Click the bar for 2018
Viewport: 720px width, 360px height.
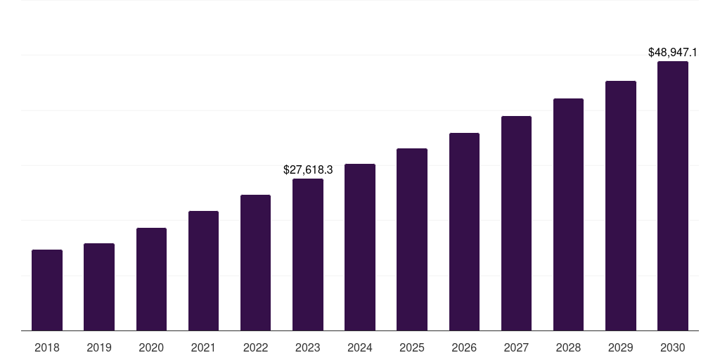click(x=47, y=290)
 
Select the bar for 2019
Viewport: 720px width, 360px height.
click(x=99, y=287)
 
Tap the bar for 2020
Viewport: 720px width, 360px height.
click(x=151, y=279)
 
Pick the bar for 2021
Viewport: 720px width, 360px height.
click(x=203, y=271)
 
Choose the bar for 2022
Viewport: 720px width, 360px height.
click(x=255, y=262)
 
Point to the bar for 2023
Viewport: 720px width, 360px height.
click(x=308, y=255)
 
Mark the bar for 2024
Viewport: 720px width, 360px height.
click(x=360, y=247)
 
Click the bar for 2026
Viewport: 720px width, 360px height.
click(x=464, y=231)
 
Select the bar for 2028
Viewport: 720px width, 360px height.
click(x=568, y=214)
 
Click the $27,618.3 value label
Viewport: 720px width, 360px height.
click(x=308, y=170)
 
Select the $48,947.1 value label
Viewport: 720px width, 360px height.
click(x=673, y=53)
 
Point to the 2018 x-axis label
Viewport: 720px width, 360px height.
click(x=47, y=347)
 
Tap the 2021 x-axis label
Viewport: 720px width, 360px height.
click(x=203, y=347)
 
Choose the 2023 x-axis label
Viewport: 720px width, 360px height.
click(x=308, y=347)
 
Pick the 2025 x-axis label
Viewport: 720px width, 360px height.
click(x=412, y=347)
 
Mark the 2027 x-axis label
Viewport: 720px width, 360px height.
click(x=516, y=347)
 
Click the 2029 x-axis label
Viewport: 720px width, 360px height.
click(x=620, y=347)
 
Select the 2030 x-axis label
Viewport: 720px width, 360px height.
click(x=673, y=347)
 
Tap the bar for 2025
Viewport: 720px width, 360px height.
click(x=412, y=239)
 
